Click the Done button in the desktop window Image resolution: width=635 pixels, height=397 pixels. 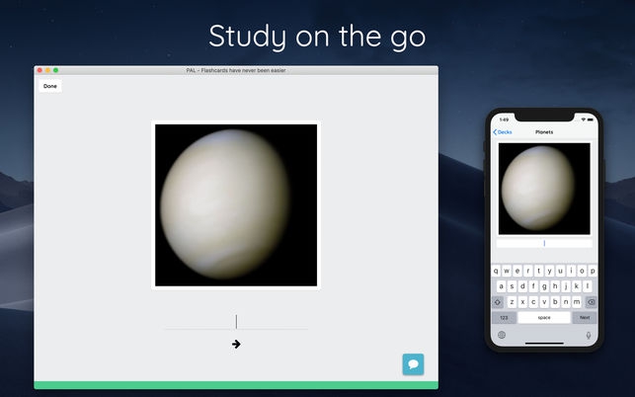[x=50, y=87]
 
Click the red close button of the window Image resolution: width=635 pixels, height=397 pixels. [x=40, y=70]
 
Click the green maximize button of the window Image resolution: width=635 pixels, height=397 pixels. [x=56, y=70]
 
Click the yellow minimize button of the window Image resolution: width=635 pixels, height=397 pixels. [x=48, y=70]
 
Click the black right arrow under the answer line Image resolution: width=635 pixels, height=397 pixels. [x=236, y=344]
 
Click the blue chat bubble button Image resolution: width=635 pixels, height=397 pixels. [x=413, y=364]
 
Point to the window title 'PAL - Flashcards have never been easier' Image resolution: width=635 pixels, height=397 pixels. [x=236, y=70]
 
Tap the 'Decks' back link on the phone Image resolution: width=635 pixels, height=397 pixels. [x=503, y=131]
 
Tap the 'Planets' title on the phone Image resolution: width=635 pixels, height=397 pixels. [x=544, y=131]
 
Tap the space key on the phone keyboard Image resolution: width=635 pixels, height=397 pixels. [x=544, y=318]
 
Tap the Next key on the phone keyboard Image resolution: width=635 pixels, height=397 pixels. [x=585, y=318]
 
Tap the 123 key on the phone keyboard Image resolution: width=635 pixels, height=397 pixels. [x=504, y=318]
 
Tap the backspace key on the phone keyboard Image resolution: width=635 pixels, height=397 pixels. [x=591, y=302]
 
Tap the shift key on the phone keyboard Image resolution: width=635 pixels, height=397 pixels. [x=498, y=302]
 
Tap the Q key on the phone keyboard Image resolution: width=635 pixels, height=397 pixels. [x=498, y=271]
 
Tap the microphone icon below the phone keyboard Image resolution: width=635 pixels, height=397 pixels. [x=589, y=335]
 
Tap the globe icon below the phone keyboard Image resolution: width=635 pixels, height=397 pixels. [x=501, y=335]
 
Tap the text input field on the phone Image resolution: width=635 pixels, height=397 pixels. [x=544, y=243]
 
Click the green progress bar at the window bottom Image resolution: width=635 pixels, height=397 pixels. [x=236, y=385]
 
